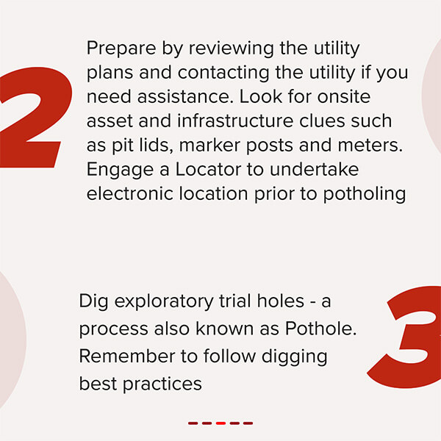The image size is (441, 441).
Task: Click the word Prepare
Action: (x=121, y=49)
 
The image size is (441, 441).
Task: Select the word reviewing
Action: (x=231, y=49)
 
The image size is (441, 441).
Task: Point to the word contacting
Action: (x=223, y=73)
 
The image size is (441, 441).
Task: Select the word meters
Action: (x=370, y=146)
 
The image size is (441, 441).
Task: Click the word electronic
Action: (x=129, y=194)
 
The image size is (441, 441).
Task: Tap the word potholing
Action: (x=365, y=194)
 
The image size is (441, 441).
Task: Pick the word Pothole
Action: (x=321, y=329)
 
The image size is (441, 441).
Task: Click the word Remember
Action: (x=127, y=356)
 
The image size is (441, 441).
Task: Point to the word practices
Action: (x=162, y=384)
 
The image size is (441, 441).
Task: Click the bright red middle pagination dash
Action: (x=220, y=423)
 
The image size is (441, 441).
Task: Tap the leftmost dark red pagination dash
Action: (x=193, y=423)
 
